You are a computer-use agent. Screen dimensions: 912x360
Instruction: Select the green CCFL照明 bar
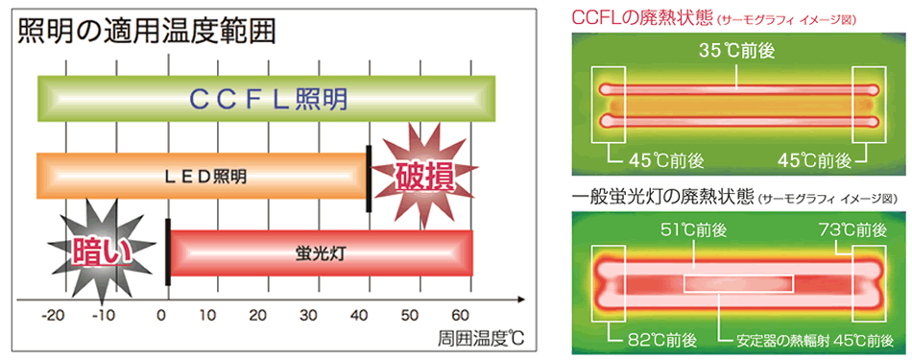266,99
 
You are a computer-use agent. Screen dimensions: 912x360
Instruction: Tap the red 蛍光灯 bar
321,253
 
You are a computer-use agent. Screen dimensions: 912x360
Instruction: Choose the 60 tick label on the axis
461,315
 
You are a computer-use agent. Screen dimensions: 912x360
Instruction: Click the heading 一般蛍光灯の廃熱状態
661,198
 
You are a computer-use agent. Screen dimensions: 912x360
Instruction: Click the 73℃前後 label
855,230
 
